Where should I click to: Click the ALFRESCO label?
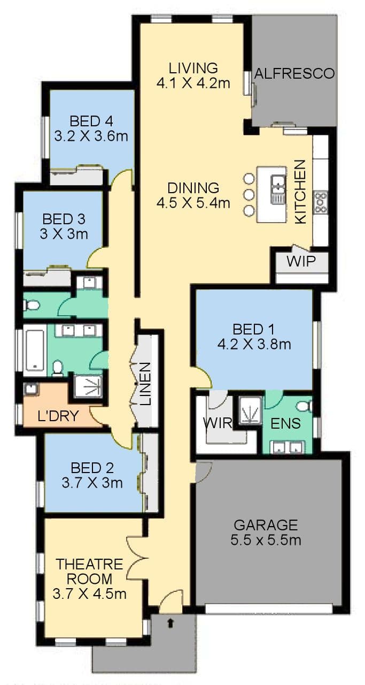point(294,74)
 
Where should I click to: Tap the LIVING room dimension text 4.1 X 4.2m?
point(193,83)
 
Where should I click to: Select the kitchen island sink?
point(278,189)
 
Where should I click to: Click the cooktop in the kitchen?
point(321,202)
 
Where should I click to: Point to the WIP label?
point(301,262)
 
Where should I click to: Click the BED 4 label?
point(91,121)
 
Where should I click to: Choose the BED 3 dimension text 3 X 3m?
point(64,234)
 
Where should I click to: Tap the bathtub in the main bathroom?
point(35,350)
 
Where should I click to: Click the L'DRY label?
point(58,416)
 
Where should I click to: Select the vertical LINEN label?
point(145,384)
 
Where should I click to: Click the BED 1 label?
point(253,329)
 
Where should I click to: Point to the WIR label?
point(218,423)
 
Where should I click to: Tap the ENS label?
point(285,423)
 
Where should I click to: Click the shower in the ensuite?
point(250,410)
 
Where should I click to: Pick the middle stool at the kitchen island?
point(249,194)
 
